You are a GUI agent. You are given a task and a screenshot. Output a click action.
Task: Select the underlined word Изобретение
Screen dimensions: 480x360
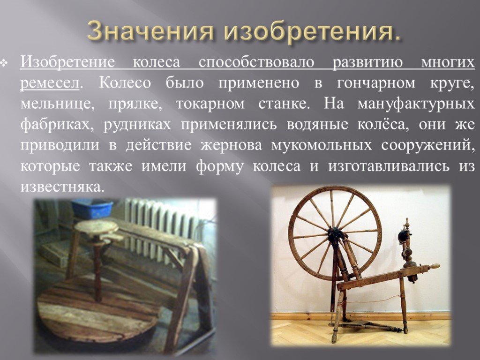67,62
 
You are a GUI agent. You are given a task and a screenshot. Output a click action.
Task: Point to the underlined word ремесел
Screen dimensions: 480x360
50,83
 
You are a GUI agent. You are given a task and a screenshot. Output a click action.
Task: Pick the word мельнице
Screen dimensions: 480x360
57,104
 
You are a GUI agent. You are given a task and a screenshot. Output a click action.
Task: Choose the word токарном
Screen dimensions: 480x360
210,104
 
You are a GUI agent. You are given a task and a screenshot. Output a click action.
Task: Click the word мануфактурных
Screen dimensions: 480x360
416,104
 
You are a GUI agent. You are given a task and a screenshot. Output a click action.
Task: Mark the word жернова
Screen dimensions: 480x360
232,145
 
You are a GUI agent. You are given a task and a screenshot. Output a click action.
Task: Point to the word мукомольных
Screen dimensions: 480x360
322,145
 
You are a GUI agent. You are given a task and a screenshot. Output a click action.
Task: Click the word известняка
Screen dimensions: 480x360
60,187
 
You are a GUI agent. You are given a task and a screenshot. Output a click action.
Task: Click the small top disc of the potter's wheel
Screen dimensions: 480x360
97,227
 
